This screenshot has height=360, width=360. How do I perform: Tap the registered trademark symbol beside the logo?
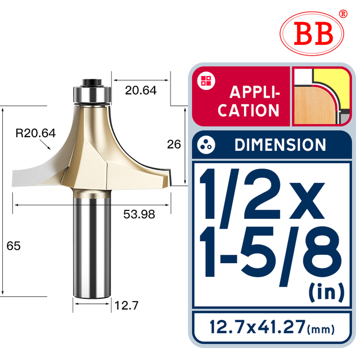click(343, 13)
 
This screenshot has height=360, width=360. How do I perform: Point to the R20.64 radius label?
click(35, 133)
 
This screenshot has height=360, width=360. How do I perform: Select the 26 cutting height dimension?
click(174, 145)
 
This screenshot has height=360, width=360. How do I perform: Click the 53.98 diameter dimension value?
click(139, 214)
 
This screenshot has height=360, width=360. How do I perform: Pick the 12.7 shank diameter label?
click(127, 306)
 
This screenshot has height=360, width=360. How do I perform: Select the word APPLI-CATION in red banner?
click(249, 101)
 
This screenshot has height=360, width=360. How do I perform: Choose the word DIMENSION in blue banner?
click(280, 145)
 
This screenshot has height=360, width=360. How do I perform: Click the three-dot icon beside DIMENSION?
click(206, 145)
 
